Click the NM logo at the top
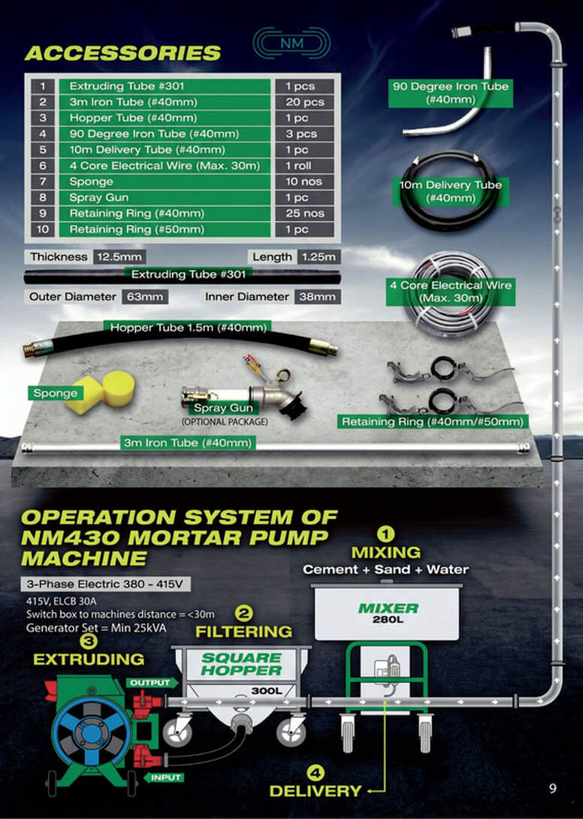291,43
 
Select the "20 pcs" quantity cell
304,102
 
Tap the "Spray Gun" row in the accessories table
165,198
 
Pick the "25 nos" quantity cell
304,213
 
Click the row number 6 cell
43,165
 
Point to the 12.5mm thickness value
119,256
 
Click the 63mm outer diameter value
145,296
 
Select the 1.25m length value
319,256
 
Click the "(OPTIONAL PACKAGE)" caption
225,421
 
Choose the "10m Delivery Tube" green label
451,192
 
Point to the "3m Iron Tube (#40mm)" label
188,442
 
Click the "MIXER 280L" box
387,613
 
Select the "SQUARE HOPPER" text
241,664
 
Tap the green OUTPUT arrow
152,683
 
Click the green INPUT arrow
163,777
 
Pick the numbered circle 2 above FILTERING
243,613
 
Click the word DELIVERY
316,790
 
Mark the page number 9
553,788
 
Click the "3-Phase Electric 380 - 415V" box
105,584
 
